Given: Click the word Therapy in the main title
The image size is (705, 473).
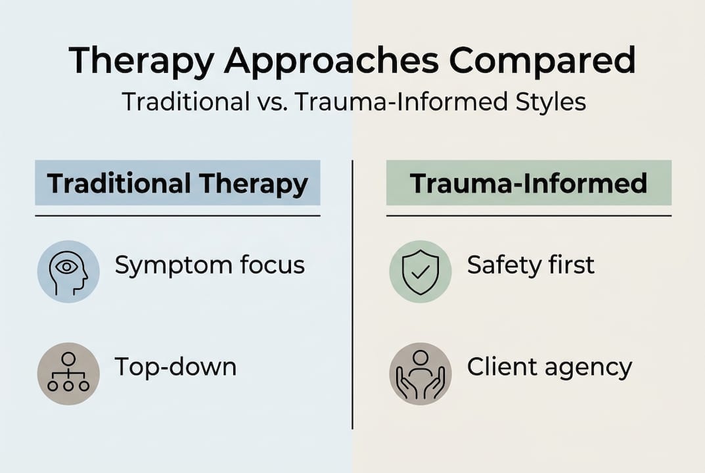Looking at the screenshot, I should coord(141,61).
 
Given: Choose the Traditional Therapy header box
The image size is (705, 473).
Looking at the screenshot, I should coord(177,184).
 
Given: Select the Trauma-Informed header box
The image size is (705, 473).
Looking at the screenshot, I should coord(528,184).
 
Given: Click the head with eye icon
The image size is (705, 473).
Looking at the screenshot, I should coord(68,271).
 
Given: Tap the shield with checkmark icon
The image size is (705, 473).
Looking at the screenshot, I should coord(421,271).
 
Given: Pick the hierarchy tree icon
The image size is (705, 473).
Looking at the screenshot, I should coord(68,373).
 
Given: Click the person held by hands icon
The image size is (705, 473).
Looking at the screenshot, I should coord(421,373).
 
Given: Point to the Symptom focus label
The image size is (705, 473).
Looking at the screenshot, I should coord(210,265).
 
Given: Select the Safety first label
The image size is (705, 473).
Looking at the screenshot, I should coord(530,265).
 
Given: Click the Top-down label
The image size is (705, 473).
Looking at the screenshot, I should coord(175,367).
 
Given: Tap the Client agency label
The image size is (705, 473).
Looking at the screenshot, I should coord(549,367).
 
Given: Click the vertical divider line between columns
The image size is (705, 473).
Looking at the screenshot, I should coord(353,296).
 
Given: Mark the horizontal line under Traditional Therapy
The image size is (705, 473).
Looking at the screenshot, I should coord(177,215).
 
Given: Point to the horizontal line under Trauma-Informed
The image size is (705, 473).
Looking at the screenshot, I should coord(528,215).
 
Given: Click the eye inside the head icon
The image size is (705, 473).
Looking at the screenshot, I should coord(66,267).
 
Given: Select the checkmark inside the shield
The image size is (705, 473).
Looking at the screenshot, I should coord(421,271).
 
